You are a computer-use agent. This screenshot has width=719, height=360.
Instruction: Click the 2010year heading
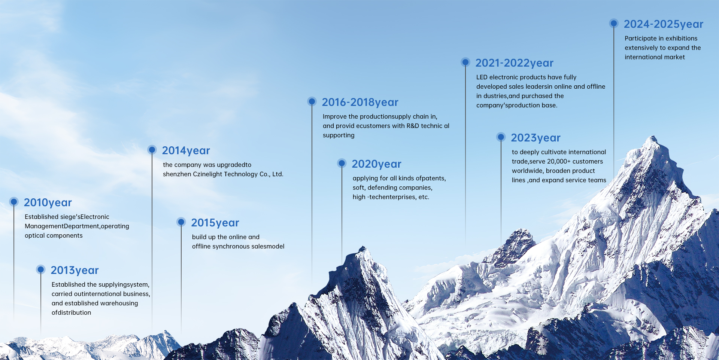[48, 202]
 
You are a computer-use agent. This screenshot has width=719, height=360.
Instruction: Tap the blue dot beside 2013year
[41, 269]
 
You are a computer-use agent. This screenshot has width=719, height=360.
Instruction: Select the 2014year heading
[186, 150]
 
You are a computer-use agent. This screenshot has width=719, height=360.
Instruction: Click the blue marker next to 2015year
[181, 222]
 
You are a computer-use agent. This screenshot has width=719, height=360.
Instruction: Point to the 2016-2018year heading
[360, 102]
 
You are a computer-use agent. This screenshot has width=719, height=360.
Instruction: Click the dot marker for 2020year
[342, 163]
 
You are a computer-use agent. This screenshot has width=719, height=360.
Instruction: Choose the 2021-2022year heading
[514, 63]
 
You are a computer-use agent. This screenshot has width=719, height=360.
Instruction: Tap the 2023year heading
[536, 138]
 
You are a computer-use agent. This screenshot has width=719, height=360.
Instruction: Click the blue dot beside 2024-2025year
[614, 23]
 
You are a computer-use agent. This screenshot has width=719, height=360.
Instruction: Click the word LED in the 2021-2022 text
[482, 77]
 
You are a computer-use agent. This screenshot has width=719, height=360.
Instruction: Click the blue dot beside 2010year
[14, 202]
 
